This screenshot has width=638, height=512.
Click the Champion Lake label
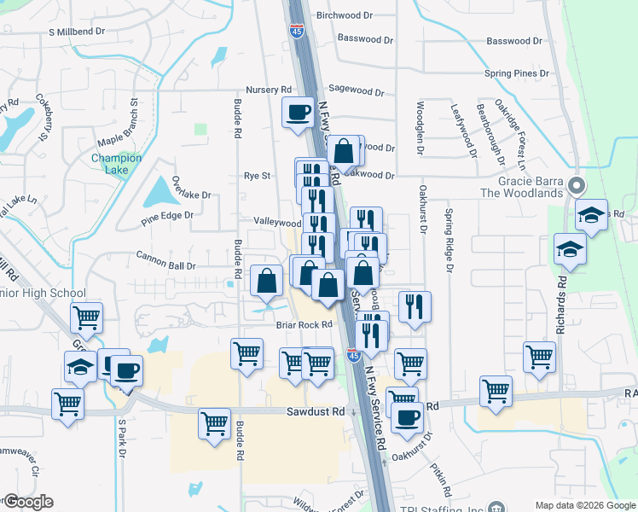(116, 164)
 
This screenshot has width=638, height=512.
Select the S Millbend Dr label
(76, 31)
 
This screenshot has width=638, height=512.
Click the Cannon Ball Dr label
(166, 254)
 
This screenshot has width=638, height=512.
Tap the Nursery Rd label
(269, 89)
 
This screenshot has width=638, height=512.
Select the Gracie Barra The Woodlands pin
(576, 184)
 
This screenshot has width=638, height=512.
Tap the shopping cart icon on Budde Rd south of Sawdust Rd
(214, 422)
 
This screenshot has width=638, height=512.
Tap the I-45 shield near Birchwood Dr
(296, 31)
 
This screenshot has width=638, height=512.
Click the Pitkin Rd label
(446, 483)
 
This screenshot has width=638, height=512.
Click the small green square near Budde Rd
(200, 129)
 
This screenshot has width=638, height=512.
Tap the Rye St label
(257, 176)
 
